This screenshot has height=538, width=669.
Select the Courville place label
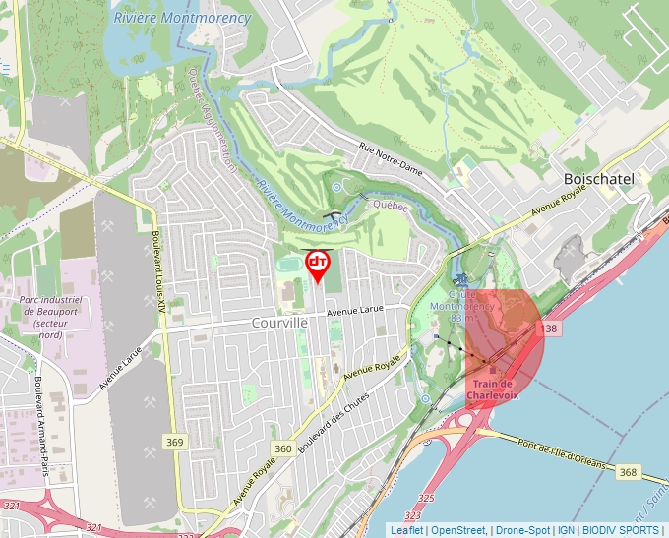tap(280, 323)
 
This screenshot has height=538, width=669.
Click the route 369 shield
tap(174, 443)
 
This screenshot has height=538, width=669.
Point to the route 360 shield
tap(283, 449)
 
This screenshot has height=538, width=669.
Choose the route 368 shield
tap(628, 473)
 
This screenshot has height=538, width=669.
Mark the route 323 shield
tap(412, 514)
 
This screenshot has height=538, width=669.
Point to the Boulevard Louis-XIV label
tap(156, 270)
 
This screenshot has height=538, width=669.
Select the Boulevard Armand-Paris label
tap(40, 424)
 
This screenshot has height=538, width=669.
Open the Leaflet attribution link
tap(406, 530)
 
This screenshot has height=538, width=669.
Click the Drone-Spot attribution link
tap(522, 530)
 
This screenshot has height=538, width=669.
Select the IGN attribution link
tap(567, 530)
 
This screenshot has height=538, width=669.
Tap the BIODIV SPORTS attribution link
tap(622, 530)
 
